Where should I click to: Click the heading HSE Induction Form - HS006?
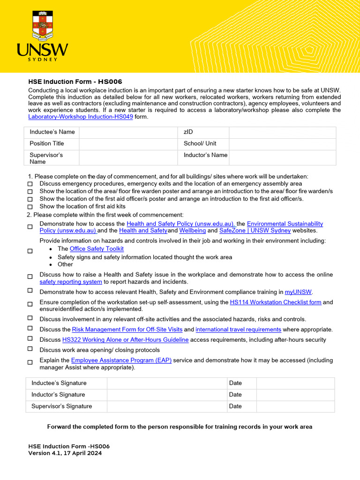(x=75, y=82)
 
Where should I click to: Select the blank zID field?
(x=282, y=132)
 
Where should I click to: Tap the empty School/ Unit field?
(x=282, y=143)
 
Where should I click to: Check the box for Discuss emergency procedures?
(x=30, y=184)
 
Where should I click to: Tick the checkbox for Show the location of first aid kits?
(x=30, y=207)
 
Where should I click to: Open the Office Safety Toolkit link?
(x=97, y=249)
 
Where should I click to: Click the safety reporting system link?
(x=71, y=282)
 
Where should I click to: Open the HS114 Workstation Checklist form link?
(x=276, y=302)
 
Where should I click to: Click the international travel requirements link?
(x=238, y=330)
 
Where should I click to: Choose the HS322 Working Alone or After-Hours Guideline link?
(x=125, y=340)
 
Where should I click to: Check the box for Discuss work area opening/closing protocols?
(x=30, y=349)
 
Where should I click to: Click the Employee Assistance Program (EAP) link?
(x=121, y=360)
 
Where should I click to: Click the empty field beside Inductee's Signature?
(x=167, y=383)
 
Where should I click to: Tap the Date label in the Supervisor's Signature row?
(x=235, y=406)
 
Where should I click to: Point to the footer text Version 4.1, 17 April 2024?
(x=65, y=453)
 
